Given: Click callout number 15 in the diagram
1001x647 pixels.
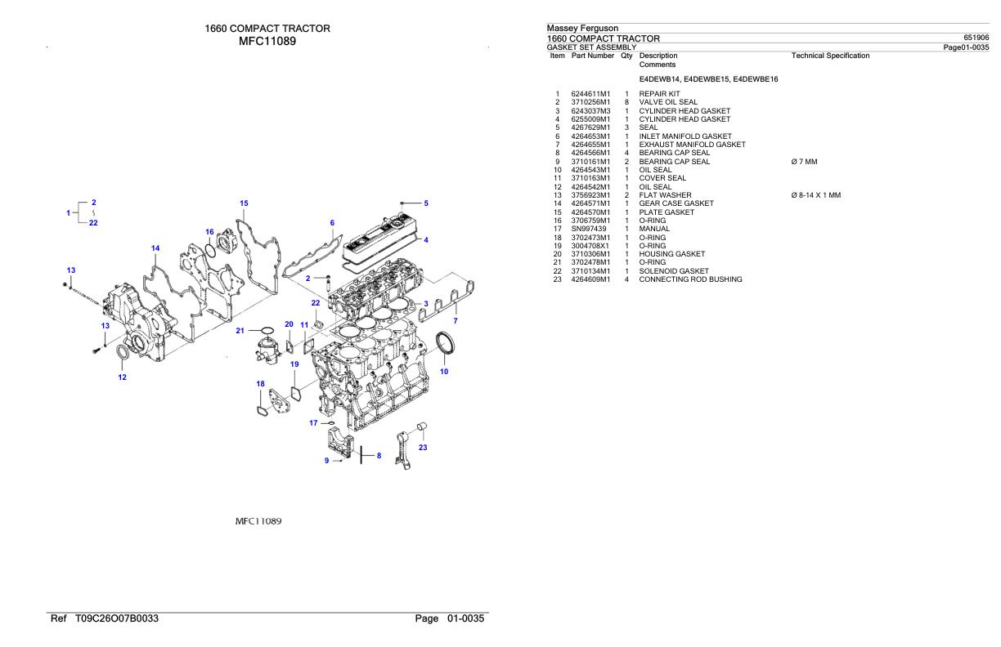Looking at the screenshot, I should point(244,203).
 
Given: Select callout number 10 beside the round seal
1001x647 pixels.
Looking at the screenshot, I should point(444,372).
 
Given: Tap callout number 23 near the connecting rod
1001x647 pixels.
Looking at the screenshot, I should point(423,447).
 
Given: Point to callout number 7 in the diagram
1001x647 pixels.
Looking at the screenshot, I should point(456,321).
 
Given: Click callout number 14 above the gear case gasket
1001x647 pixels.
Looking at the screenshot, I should point(155,248).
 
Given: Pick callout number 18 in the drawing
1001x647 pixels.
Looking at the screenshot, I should point(260,384).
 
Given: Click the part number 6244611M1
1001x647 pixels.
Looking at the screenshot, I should point(590,94).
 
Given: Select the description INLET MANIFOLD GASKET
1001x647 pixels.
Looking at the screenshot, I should point(685,136).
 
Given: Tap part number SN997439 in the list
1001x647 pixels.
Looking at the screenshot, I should point(588,229).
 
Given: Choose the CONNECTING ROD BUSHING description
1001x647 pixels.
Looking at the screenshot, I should point(690,279).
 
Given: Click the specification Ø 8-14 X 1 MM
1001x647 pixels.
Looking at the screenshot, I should point(815,195).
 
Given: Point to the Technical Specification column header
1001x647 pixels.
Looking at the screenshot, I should point(830,56).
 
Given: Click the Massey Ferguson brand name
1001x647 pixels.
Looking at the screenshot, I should point(582,29).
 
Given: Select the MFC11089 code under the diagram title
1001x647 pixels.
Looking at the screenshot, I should point(267,41).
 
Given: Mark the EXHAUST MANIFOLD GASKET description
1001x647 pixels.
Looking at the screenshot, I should point(692,145).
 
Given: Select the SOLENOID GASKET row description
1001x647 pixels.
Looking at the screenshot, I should point(674,271).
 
